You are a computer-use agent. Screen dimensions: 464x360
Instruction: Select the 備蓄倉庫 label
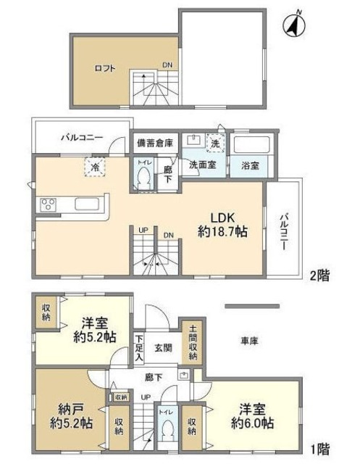click(155, 143)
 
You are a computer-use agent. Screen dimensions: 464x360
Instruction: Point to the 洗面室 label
click(203, 165)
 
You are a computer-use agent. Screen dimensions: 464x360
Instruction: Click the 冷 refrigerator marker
click(96, 166)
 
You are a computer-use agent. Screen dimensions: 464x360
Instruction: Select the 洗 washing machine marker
click(215, 143)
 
